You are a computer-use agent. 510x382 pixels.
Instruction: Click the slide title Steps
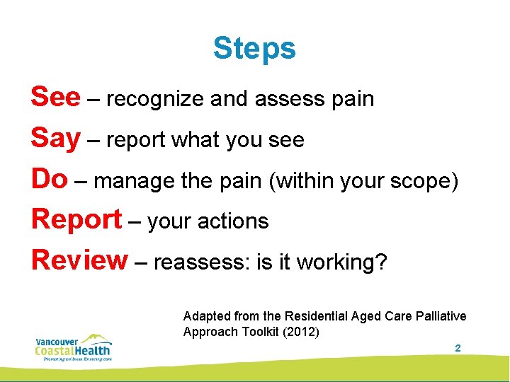click(254, 49)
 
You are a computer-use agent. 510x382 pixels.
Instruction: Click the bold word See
click(55, 98)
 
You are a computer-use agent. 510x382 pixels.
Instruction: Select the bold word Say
click(55, 139)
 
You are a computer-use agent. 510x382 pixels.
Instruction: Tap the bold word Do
click(49, 180)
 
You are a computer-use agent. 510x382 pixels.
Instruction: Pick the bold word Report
click(76, 220)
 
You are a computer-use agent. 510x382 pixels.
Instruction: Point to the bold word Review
click(79, 260)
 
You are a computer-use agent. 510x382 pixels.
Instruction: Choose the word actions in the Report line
click(237, 221)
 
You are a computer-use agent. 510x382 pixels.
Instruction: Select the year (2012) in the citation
click(300, 332)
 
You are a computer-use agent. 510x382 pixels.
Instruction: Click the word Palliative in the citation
click(441, 316)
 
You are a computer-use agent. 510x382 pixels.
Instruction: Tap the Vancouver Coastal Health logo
click(74, 347)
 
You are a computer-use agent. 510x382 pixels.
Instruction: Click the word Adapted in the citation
click(204, 316)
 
